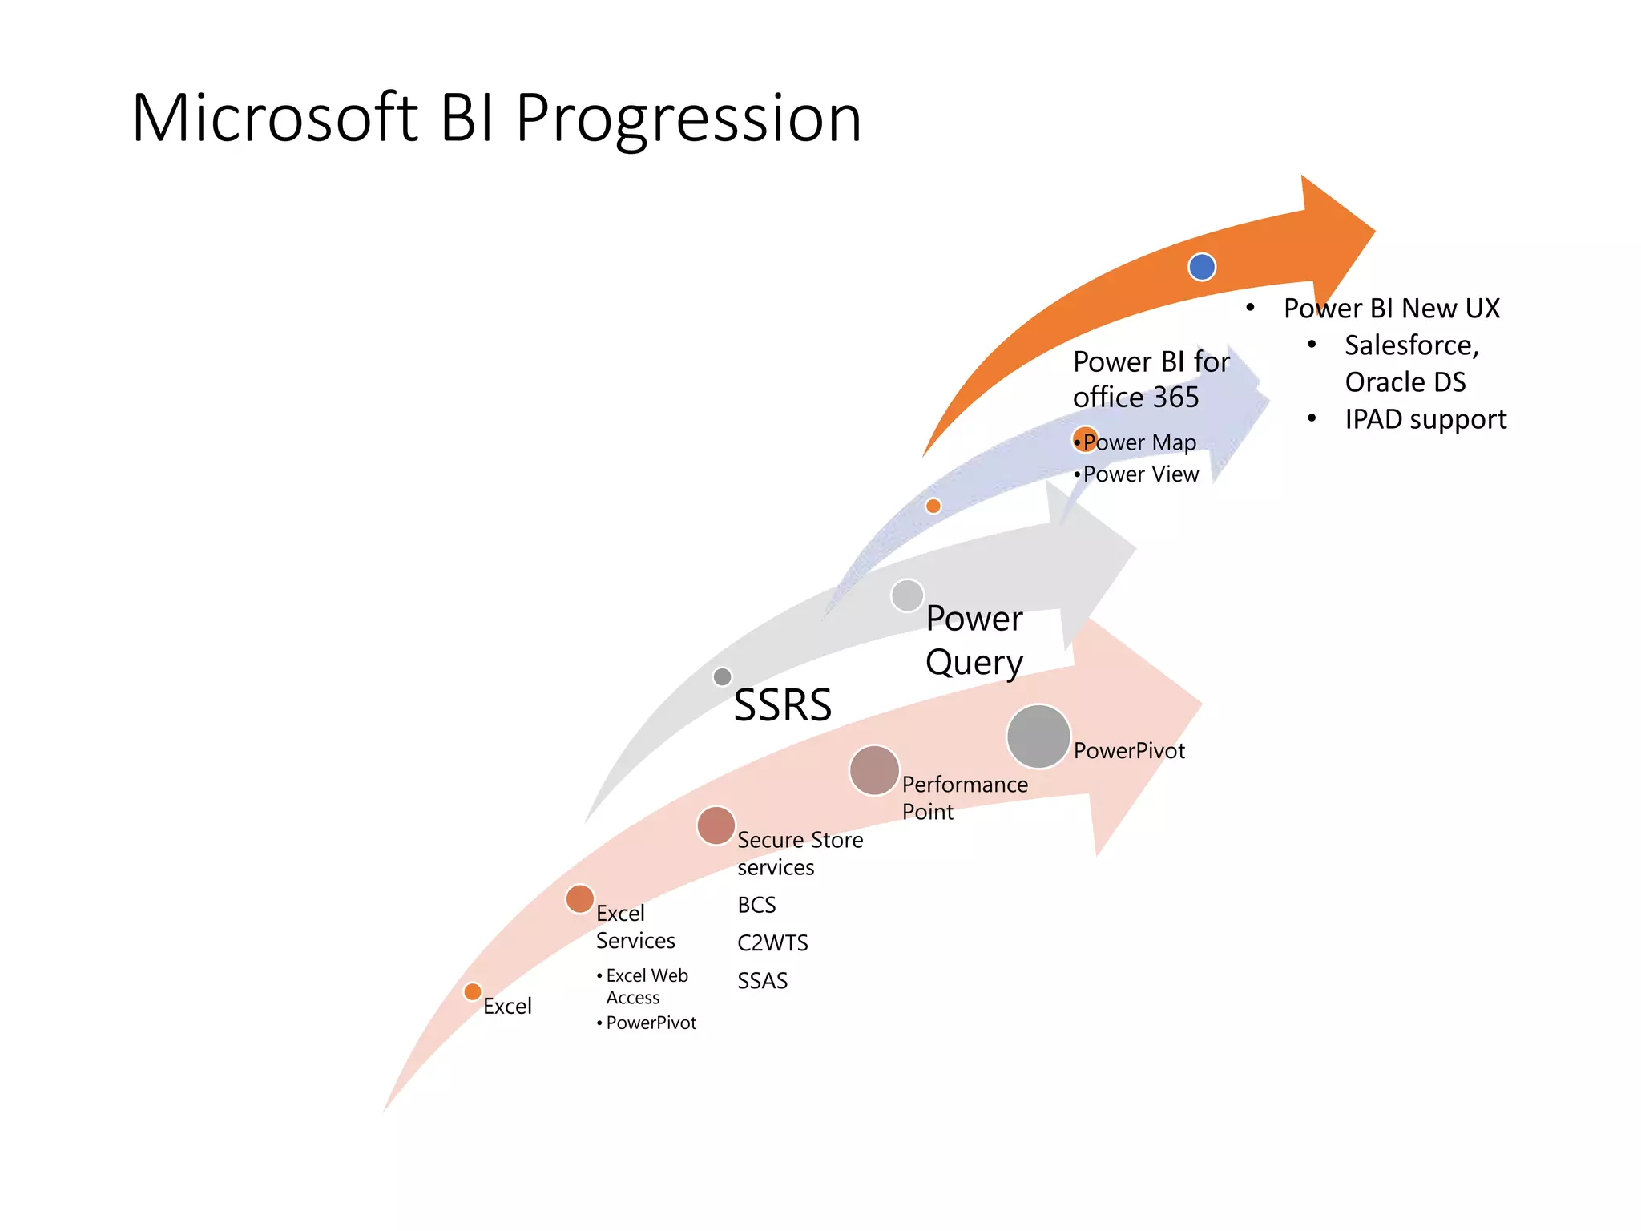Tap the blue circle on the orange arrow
click(x=1201, y=267)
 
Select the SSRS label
click(x=782, y=705)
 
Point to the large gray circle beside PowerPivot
click(x=1038, y=736)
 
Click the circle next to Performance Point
click(x=873, y=770)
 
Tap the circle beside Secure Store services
click(x=716, y=826)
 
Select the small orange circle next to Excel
click(x=473, y=992)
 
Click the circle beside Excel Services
click(x=579, y=899)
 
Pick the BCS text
click(x=756, y=906)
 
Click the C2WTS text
click(x=772, y=943)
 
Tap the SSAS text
click(x=762, y=981)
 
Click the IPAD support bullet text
click(x=1425, y=419)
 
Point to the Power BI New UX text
click(x=1391, y=309)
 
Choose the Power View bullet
click(x=1139, y=474)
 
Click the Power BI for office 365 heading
click(x=1150, y=379)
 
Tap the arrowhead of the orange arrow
click(x=1338, y=232)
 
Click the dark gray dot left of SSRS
click(x=722, y=676)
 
